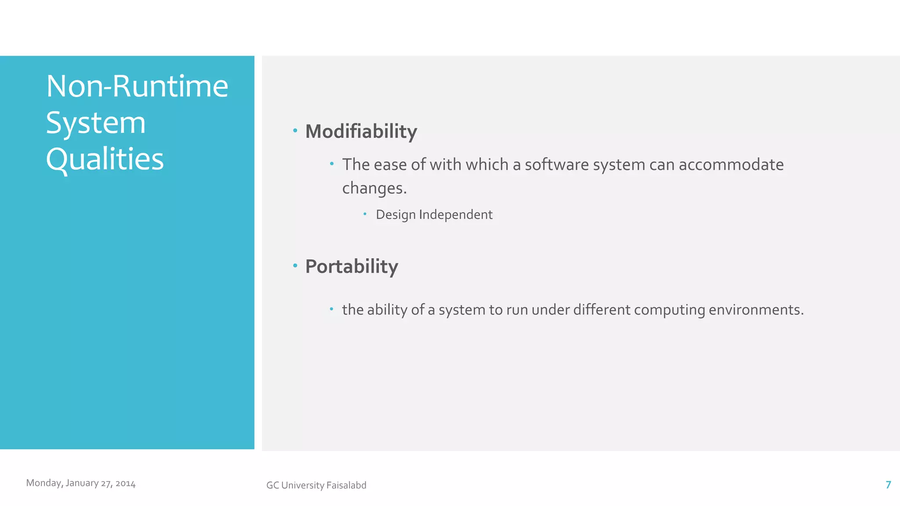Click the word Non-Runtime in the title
(x=137, y=86)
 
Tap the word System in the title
(x=96, y=123)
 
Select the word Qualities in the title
(x=105, y=159)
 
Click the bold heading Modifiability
(x=361, y=131)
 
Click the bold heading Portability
(x=352, y=266)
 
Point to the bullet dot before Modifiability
(x=295, y=130)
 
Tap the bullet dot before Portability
(x=295, y=265)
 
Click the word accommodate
(x=731, y=165)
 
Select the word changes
(x=374, y=188)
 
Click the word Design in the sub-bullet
(x=396, y=215)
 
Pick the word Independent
(x=456, y=215)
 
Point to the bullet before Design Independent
(x=365, y=214)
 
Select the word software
(x=557, y=165)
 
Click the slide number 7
(x=888, y=484)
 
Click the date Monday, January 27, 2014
(x=81, y=483)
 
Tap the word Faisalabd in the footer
(x=346, y=485)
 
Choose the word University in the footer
(x=303, y=485)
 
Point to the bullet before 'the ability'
(x=332, y=309)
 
